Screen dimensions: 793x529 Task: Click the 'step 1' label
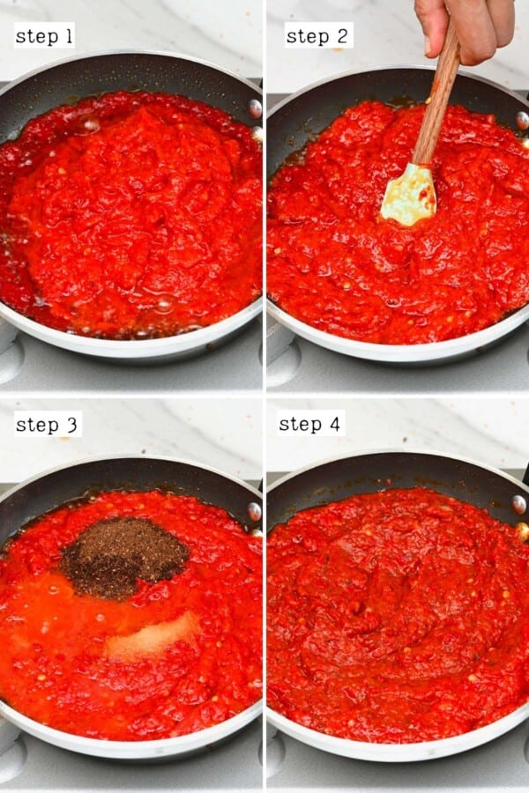point(44,35)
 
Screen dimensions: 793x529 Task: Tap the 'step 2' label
point(318,36)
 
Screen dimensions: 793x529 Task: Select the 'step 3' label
point(48,425)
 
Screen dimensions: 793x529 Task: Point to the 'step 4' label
point(309,424)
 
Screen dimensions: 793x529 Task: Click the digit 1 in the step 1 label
point(69,35)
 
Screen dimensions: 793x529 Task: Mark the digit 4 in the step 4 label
point(334,424)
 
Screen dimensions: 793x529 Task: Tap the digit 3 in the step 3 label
point(72,425)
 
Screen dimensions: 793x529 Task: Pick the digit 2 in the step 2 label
point(344,36)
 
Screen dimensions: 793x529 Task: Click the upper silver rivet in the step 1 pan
point(255,107)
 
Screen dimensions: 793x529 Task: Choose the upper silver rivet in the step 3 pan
point(254,511)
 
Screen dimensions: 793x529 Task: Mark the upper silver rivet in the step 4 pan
point(519,504)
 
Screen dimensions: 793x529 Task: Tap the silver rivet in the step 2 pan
point(522,120)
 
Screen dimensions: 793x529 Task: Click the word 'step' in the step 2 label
point(308,36)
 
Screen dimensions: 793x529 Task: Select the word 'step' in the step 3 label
point(36,425)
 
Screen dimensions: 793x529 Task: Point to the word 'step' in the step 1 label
point(35,35)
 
